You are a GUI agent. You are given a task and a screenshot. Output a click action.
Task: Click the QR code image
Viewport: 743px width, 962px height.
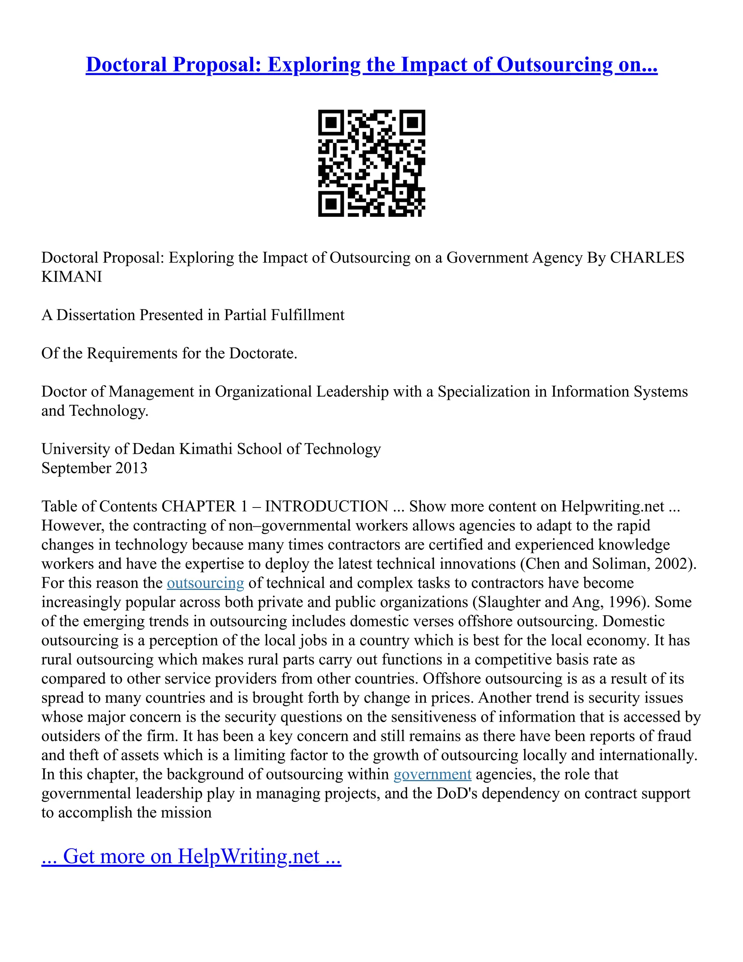tap(371, 163)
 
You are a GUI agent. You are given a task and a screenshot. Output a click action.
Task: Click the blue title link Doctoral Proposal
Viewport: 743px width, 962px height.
tap(371, 65)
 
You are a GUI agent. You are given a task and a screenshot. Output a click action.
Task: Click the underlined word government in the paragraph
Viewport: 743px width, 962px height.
tap(432, 774)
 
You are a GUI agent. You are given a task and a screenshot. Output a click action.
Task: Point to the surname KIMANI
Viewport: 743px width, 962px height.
tap(72, 277)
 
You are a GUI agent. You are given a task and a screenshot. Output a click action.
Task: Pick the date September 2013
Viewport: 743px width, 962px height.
tap(94, 468)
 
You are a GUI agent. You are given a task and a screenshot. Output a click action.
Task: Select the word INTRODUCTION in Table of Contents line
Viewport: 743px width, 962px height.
tap(327, 506)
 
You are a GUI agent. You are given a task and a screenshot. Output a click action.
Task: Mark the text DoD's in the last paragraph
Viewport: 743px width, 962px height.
tap(456, 793)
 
